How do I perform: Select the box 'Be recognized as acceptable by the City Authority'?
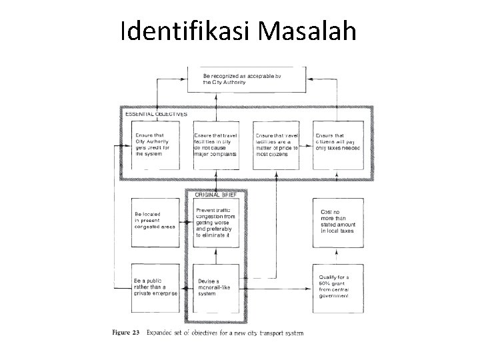pos(247,79)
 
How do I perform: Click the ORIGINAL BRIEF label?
pos(216,195)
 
